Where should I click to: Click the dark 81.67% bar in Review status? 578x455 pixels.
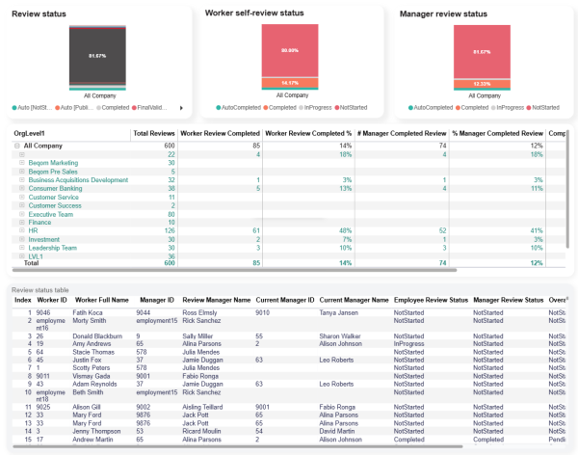tap(96, 56)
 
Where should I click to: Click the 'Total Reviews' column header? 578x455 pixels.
tap(154, 133)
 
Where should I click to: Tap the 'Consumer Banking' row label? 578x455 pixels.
tap(57, 188)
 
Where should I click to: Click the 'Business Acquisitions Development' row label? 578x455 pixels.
tap(78, 179)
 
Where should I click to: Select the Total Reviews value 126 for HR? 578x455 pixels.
tap(170, 230)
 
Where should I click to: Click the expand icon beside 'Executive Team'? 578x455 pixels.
tap(21, 213)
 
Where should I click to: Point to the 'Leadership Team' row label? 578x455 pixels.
tap(53, 248)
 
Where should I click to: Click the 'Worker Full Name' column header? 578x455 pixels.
tap(102, 300)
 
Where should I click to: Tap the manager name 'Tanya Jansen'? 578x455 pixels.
tap(340, 312)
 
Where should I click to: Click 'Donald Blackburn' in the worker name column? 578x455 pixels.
tap(102, 335)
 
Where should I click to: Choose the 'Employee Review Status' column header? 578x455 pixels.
tap(433, 300)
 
